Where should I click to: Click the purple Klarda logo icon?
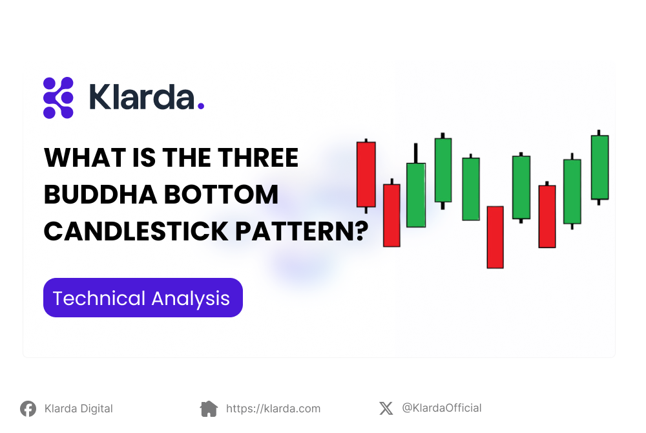[58, 98]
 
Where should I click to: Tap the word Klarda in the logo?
[141, 98]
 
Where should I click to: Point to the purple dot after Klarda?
[200, 106]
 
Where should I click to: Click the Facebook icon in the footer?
[28, 408]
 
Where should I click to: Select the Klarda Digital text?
[78, 408]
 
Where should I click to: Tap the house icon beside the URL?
[209, 408]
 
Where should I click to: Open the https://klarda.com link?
[273, 408]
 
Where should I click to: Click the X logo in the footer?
[386, 408]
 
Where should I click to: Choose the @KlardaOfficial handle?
[441, 408]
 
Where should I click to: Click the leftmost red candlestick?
[366, 174]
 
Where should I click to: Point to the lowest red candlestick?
[495, 237]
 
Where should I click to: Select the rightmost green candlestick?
[599, 167]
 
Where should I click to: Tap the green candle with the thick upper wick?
[415, 194]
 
